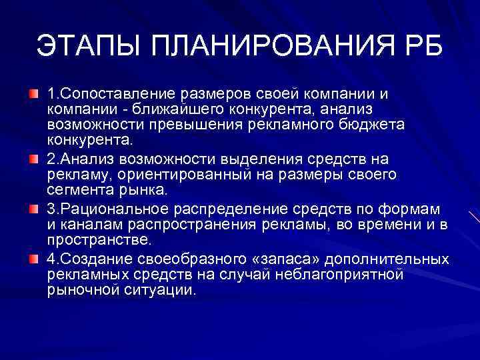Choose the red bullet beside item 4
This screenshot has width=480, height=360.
(x=33, y=256)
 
